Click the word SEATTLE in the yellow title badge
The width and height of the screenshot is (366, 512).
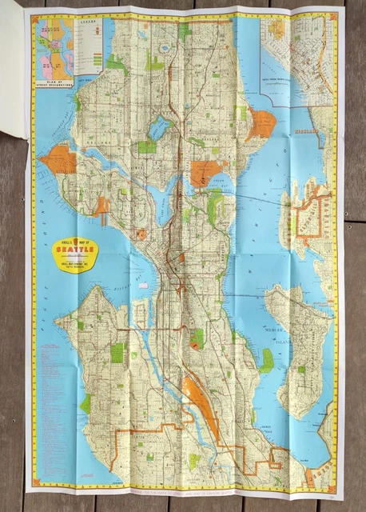pyautogui.click(x=74, y=249)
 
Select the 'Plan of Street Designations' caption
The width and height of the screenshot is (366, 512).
pyautogui.click(x=53, y=80)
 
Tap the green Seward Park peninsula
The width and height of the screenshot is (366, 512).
pyautogui.click(x=266, y=361)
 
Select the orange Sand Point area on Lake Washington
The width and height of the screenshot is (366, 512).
pyautogui.click(x=261, y=122)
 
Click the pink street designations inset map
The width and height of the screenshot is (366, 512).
pyautogui.click(x=53, y=48)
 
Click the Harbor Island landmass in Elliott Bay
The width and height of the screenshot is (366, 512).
pyautogui.click(x=149, y=308)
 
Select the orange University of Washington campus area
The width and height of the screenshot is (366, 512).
pyautogui.click(x=205, y=173)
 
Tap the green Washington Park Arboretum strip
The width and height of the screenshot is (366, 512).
pyautogui.click(x=214, y=204)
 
